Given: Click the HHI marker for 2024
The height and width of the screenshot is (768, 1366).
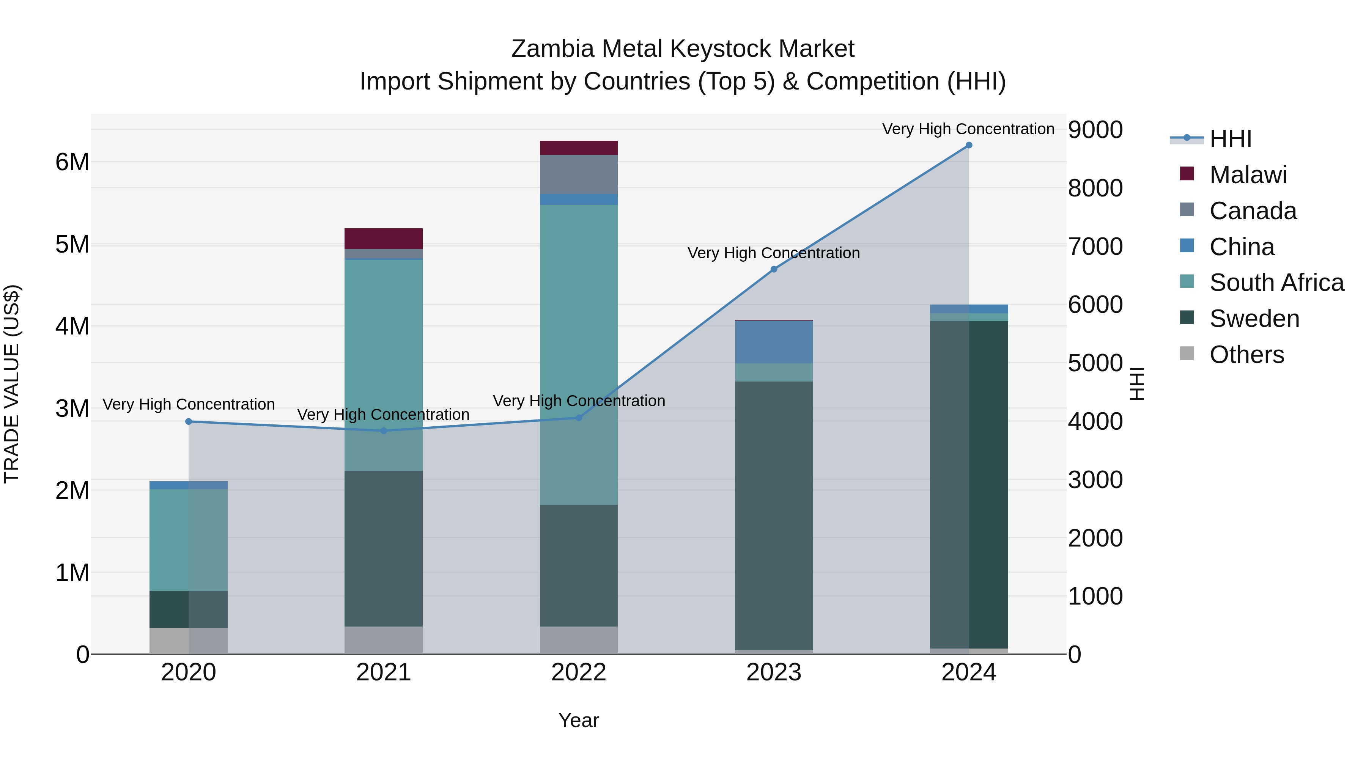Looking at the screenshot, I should (968, 145).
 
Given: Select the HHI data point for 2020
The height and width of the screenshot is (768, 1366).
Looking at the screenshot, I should (189, 421).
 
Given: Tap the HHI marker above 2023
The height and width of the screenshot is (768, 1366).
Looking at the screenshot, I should (774, 269).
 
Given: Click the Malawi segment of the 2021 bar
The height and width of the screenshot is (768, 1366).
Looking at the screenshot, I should (383, 239).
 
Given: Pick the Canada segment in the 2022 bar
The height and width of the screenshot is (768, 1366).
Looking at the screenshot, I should (579, 174).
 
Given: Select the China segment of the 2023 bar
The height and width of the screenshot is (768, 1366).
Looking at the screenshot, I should (774, 342).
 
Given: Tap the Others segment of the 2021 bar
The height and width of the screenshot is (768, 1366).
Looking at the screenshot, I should (383, 640).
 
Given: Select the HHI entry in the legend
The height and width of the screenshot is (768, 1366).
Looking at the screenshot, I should (1230, 139).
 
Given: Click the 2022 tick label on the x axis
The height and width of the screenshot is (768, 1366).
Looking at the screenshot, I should (579, 672).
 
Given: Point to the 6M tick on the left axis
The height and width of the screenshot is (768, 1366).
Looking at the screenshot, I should (72, 162).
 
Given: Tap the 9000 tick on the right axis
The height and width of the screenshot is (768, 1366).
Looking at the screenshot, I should (1095, 130).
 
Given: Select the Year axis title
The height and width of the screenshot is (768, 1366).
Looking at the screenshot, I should (579, 720).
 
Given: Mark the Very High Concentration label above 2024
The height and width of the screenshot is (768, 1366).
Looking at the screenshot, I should (968, 129).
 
